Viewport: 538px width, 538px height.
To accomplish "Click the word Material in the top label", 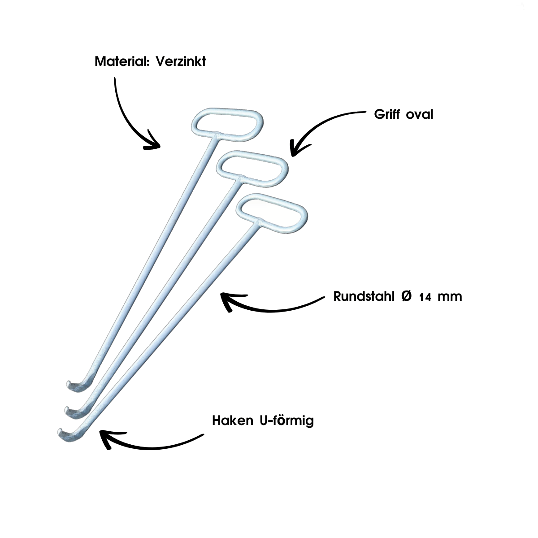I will pyautogui.click(x=121, y=61).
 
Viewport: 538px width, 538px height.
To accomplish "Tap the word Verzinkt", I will pyautogui.click(x=181, y=61).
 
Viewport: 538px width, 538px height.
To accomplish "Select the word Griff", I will pyautogui.click(x=388, y=114).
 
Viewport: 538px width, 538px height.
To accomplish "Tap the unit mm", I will pyautogui.click(x=449, y=297).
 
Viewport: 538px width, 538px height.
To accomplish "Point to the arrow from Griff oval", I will pyautogui.click(x=318, y=128).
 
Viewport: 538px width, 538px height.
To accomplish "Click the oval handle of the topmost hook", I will pyautogui.click(x=228, y=121).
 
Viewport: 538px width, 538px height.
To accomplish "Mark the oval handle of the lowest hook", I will pyautogui.click(x=272, y=213).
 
